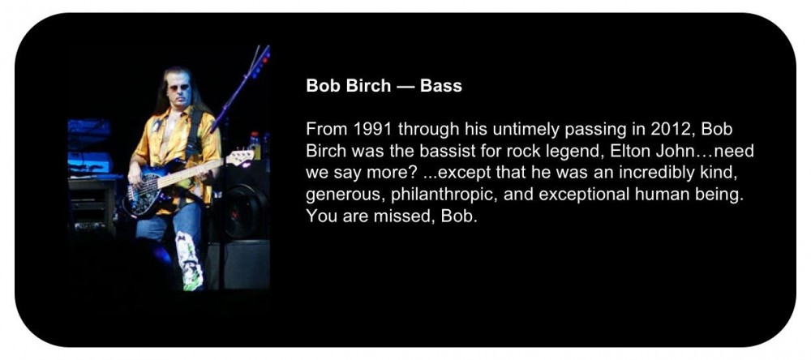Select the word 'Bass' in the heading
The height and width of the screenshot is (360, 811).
click(x=441, y=85)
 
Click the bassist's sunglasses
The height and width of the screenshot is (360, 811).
click(x=179, y=88)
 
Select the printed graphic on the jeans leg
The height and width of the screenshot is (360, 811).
click(x=188, y=260)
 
